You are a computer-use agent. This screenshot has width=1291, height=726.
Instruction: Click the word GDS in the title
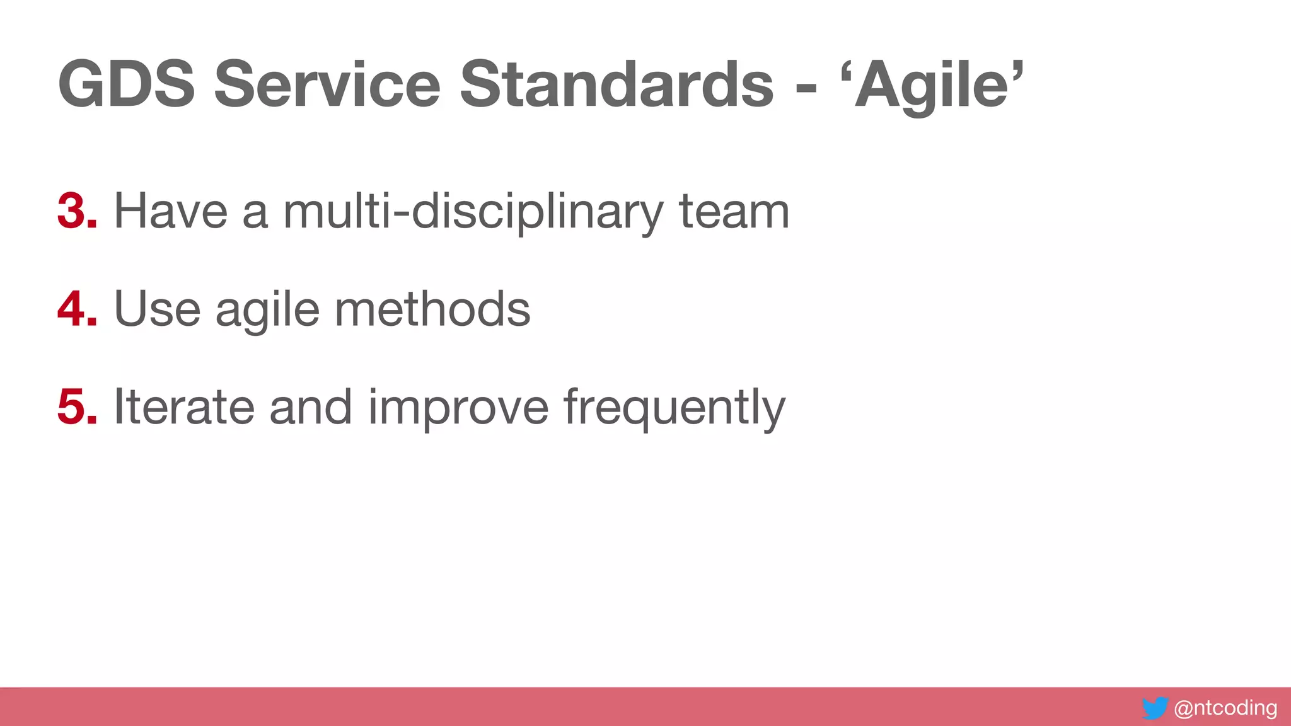coord(126,84)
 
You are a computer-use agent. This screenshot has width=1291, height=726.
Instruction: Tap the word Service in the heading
coord(327,84)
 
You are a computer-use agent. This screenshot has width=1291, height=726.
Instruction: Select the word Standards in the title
coord(617,84)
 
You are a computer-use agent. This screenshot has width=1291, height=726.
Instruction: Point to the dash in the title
coord(806,88)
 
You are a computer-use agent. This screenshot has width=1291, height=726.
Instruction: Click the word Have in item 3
coord(170,211)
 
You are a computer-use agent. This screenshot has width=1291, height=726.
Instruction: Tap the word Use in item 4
coord(157,309)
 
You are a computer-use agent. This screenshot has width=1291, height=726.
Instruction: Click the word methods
coord(432,309)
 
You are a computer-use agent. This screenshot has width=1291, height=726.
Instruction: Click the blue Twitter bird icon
coord(1155,708)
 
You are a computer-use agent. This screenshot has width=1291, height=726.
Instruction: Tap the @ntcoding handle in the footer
coord(1225,708)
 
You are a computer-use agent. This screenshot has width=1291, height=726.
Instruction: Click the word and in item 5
coord(311,406)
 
